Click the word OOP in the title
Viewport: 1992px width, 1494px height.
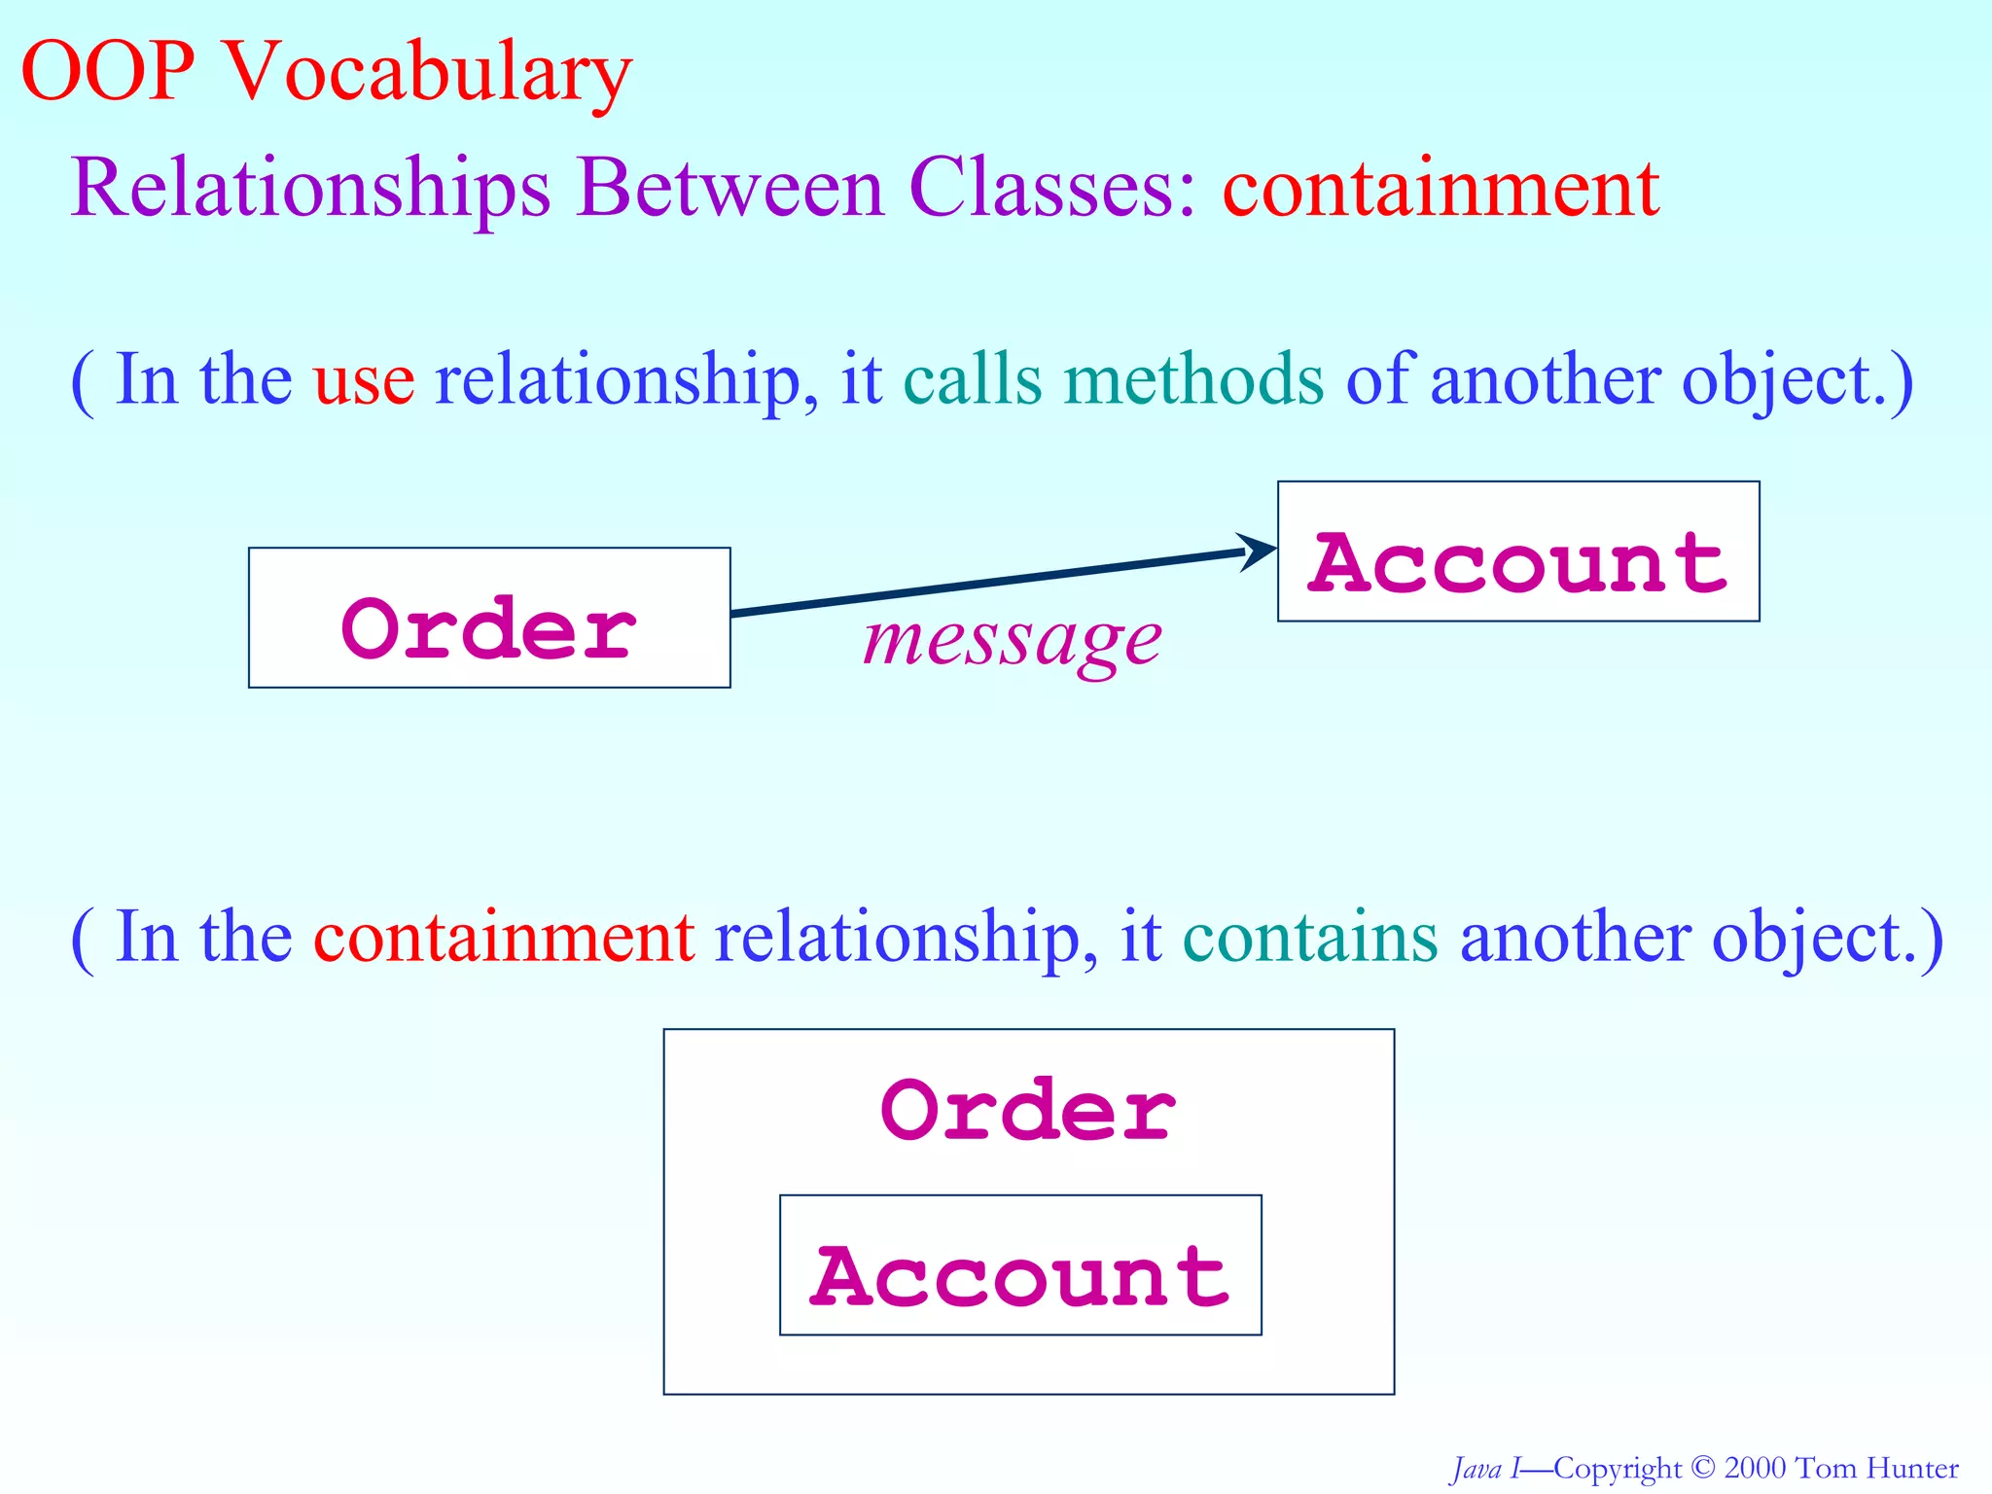[x=107, y=72]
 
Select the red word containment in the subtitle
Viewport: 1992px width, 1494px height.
[x=1441, y=189]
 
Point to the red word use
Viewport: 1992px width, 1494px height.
[x=364, y=381]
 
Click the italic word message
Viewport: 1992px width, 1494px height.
[x=1012, y=642]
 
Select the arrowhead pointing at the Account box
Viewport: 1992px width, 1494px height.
[x=1259, y=551]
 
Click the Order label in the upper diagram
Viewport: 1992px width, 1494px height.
[x=489, y=629]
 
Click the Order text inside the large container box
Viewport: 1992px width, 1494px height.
[x=1028, y=1111]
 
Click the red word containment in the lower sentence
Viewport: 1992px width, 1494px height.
[x=504, y=938]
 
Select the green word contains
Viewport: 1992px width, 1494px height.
[x=1309, y=938]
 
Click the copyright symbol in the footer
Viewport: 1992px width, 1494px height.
[x=1702, y=1468]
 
